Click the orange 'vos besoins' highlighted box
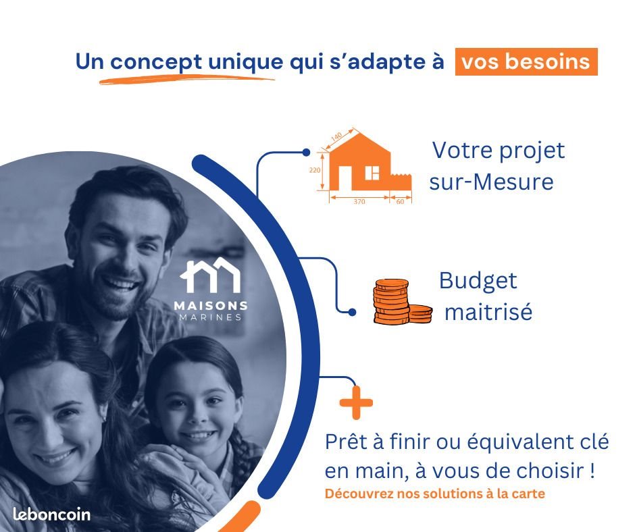tap(526, 61)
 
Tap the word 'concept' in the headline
tap(155, 61)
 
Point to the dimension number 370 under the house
tap(359, 201)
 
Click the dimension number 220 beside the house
tap(315, 170)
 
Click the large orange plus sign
tap(356, 403)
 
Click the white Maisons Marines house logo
tap(210, 275)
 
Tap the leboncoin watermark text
tap(51, 514)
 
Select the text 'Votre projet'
tap(498, 149)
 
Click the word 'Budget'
tap(478, 280)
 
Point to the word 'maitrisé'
tap(488, 313)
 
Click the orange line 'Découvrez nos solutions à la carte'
tap(434, 494)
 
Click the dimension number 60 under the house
tap(400, 201)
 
